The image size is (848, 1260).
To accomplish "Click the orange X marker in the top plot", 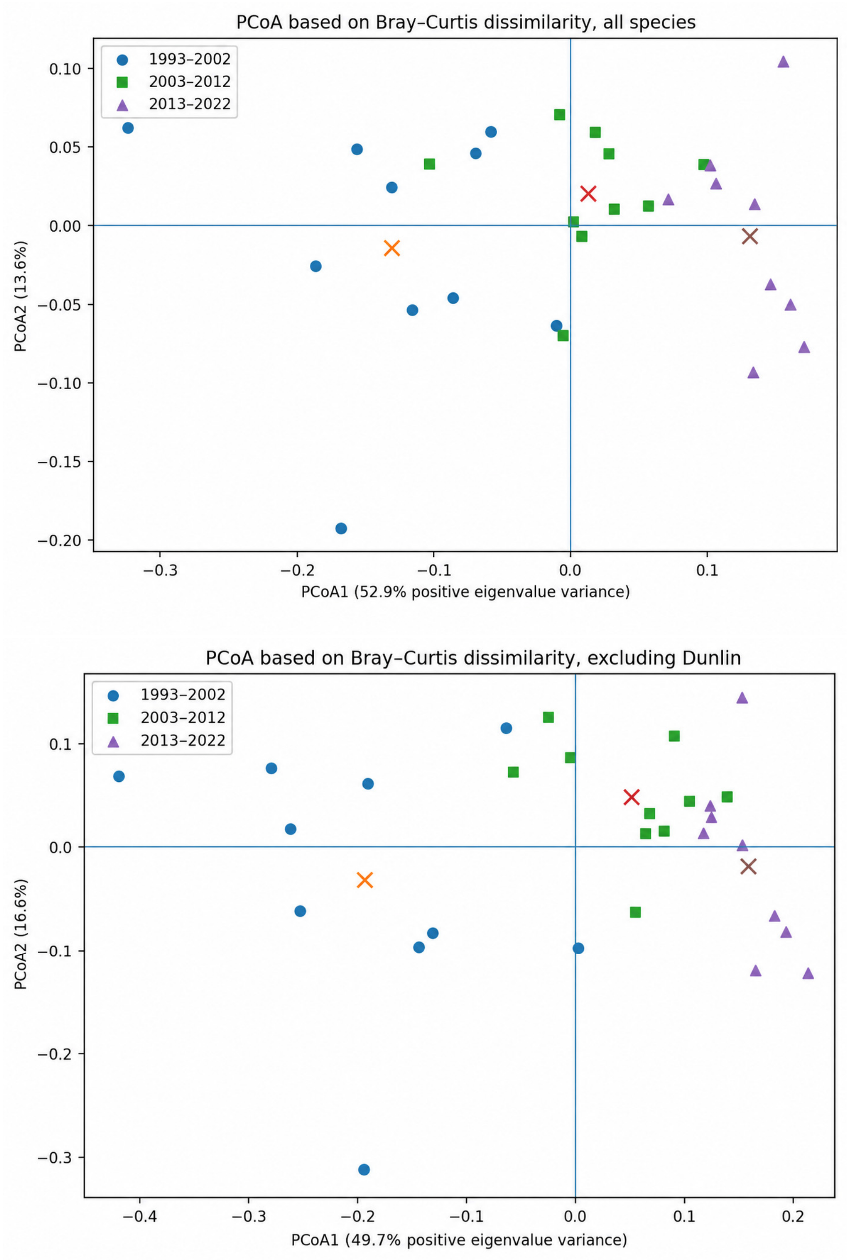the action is [392, 248].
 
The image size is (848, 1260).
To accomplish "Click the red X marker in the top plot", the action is [588, 193].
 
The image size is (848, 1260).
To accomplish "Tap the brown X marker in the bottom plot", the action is [748, 867].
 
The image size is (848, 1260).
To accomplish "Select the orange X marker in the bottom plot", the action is [364, 880].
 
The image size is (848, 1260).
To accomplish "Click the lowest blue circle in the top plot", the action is [341, 528].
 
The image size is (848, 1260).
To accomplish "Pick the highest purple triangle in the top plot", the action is [783, 62].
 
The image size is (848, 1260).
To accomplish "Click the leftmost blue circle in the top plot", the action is [128, 128].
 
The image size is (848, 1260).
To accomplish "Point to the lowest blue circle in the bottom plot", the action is [364, 1169].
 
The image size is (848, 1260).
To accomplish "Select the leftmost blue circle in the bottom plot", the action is [119, 776].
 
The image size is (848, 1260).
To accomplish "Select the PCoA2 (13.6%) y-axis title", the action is [21, 296].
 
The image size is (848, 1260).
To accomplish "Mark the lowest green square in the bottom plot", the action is [636, 913].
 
